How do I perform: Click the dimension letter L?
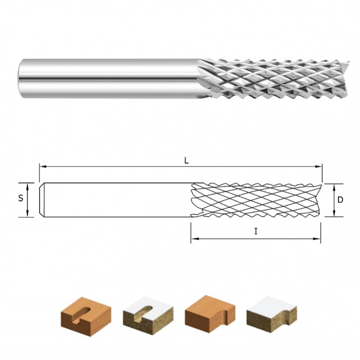(x=186, y=161)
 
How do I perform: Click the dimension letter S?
(x=21, y=198)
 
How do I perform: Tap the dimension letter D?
(x=340, y=200)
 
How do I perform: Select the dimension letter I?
(x=256, y=231)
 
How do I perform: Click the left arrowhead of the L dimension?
(x=43, y=166)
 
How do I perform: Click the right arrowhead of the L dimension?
(x=319, y=166)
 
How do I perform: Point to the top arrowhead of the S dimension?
(x=27, y=186)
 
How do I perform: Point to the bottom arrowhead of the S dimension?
(x=27, y=213)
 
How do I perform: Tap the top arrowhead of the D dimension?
(x=334, y=187)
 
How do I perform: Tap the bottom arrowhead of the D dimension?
(x=334, y=213)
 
